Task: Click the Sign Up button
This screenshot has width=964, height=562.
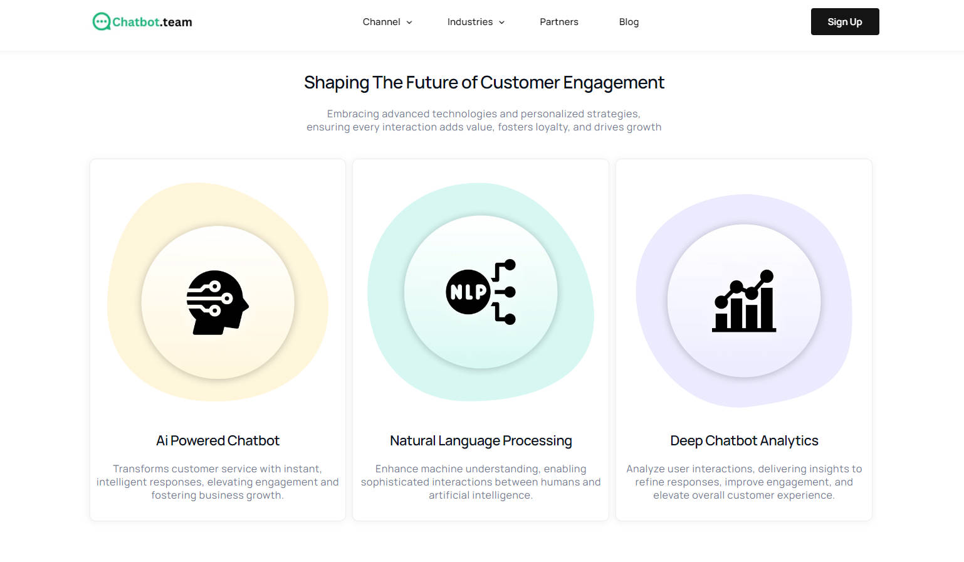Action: point(844,22)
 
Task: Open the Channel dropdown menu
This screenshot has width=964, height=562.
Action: point(387,22)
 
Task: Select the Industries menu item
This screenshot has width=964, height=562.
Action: point(475,22)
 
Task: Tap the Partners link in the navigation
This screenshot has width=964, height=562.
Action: point(559,22)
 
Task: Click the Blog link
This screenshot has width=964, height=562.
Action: point(629,22)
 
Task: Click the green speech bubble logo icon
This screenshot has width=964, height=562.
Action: point(101,22)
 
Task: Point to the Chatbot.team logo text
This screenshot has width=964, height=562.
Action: point(152,22)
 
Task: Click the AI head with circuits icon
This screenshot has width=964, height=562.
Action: point(217,302)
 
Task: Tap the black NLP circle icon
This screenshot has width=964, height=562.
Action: point(468,292)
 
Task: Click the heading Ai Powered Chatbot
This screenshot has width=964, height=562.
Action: point(217,441)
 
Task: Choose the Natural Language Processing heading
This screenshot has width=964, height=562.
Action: point(481,441)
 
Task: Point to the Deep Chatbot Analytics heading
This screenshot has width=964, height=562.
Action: point(744,441)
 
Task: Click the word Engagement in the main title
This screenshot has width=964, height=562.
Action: point(613,83)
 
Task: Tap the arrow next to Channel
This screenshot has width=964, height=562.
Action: point(409,23)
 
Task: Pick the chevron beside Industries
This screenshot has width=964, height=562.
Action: point(501,23)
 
